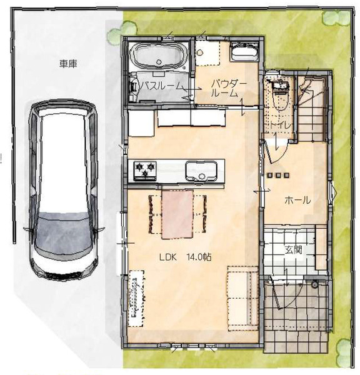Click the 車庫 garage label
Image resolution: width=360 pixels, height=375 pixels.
(x=68, y=64)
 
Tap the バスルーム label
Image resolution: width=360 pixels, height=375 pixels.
(x=161, y=86)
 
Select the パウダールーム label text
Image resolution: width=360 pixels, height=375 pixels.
(x=229, y=88)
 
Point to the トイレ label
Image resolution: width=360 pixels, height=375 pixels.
(x=281, y=125)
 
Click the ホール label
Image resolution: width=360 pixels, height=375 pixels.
(x=297, y=200)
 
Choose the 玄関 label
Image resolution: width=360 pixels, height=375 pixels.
(x=293, y=250)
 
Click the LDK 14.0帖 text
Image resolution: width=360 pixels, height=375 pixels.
(x=186, y=257)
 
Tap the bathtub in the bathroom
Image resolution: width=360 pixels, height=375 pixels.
(x=159, y=55)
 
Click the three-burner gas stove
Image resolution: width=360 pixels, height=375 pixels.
(x=145, y=171)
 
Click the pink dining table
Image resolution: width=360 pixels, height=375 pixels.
(x=177, y=214)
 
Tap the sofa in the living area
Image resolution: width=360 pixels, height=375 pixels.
(x=242, y=298)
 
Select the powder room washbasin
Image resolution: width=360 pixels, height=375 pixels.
(x=244, y=51)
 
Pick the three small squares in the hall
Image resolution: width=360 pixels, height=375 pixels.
(x=278, y=175)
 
